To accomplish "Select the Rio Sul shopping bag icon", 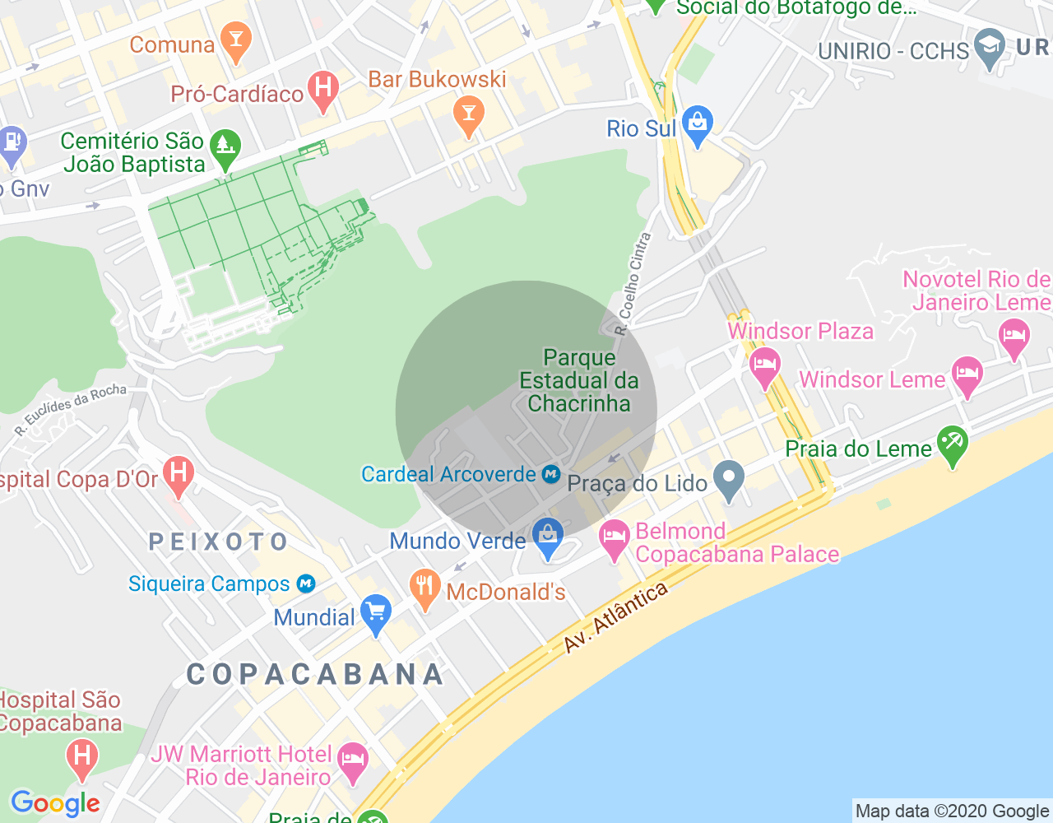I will (698, 124).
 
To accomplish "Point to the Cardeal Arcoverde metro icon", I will (551, 475).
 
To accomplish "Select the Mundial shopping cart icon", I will (376, 613).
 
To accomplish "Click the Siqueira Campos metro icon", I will (306, 584).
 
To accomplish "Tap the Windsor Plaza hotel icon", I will (765, 366).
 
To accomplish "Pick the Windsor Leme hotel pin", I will (967, 374).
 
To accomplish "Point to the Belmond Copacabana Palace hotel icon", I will (614, 539).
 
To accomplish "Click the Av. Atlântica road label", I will (615, 619).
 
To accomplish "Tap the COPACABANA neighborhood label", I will (315, 675).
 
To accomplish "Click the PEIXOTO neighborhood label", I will (218, 542).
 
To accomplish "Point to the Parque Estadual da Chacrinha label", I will (579, 380).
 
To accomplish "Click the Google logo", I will (56, 804).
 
